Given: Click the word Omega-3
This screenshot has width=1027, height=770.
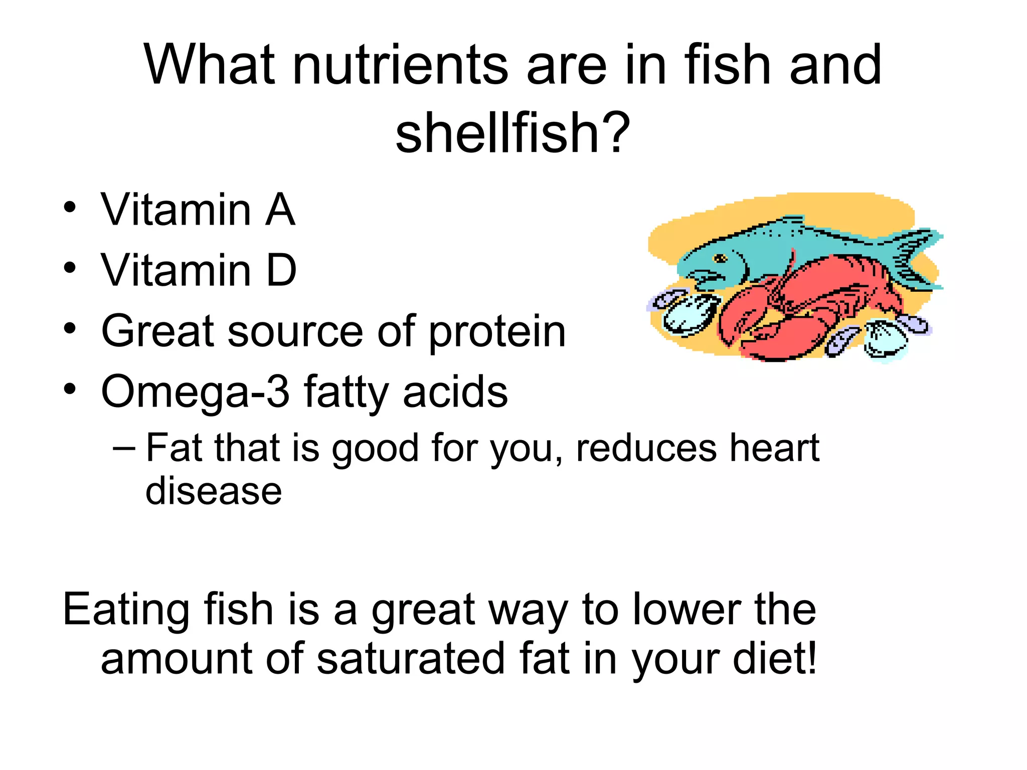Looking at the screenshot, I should (195, 392).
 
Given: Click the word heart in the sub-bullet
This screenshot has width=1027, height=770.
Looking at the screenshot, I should (774, 448).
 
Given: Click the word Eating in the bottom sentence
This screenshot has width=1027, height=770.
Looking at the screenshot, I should (125, 611).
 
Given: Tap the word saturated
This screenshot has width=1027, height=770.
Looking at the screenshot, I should (410, 659).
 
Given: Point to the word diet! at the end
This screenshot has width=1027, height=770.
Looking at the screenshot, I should (775, 659).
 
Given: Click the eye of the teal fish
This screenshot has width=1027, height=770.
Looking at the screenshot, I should (721, 259).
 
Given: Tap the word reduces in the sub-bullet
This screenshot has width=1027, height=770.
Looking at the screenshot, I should (646, 448).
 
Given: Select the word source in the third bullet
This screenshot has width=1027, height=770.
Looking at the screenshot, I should (295, 332).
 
